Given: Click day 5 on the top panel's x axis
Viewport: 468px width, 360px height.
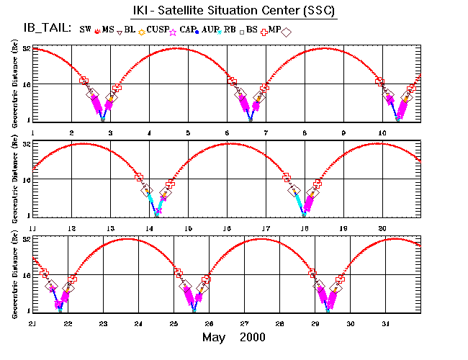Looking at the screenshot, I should [x=188, y=132].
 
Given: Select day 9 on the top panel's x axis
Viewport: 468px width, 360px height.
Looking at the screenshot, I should [x=343, y=132].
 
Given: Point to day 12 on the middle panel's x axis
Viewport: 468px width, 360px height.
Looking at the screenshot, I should [x=71, y=228].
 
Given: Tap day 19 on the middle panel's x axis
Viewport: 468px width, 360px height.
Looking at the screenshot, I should [x=343, y=228].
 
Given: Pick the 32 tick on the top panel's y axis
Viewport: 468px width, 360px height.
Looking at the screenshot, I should [x=25, y=49].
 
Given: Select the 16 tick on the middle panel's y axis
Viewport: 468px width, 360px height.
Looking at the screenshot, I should [x=25, y=180].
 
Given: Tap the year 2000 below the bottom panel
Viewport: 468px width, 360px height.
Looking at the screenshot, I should [x=253, y=337].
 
